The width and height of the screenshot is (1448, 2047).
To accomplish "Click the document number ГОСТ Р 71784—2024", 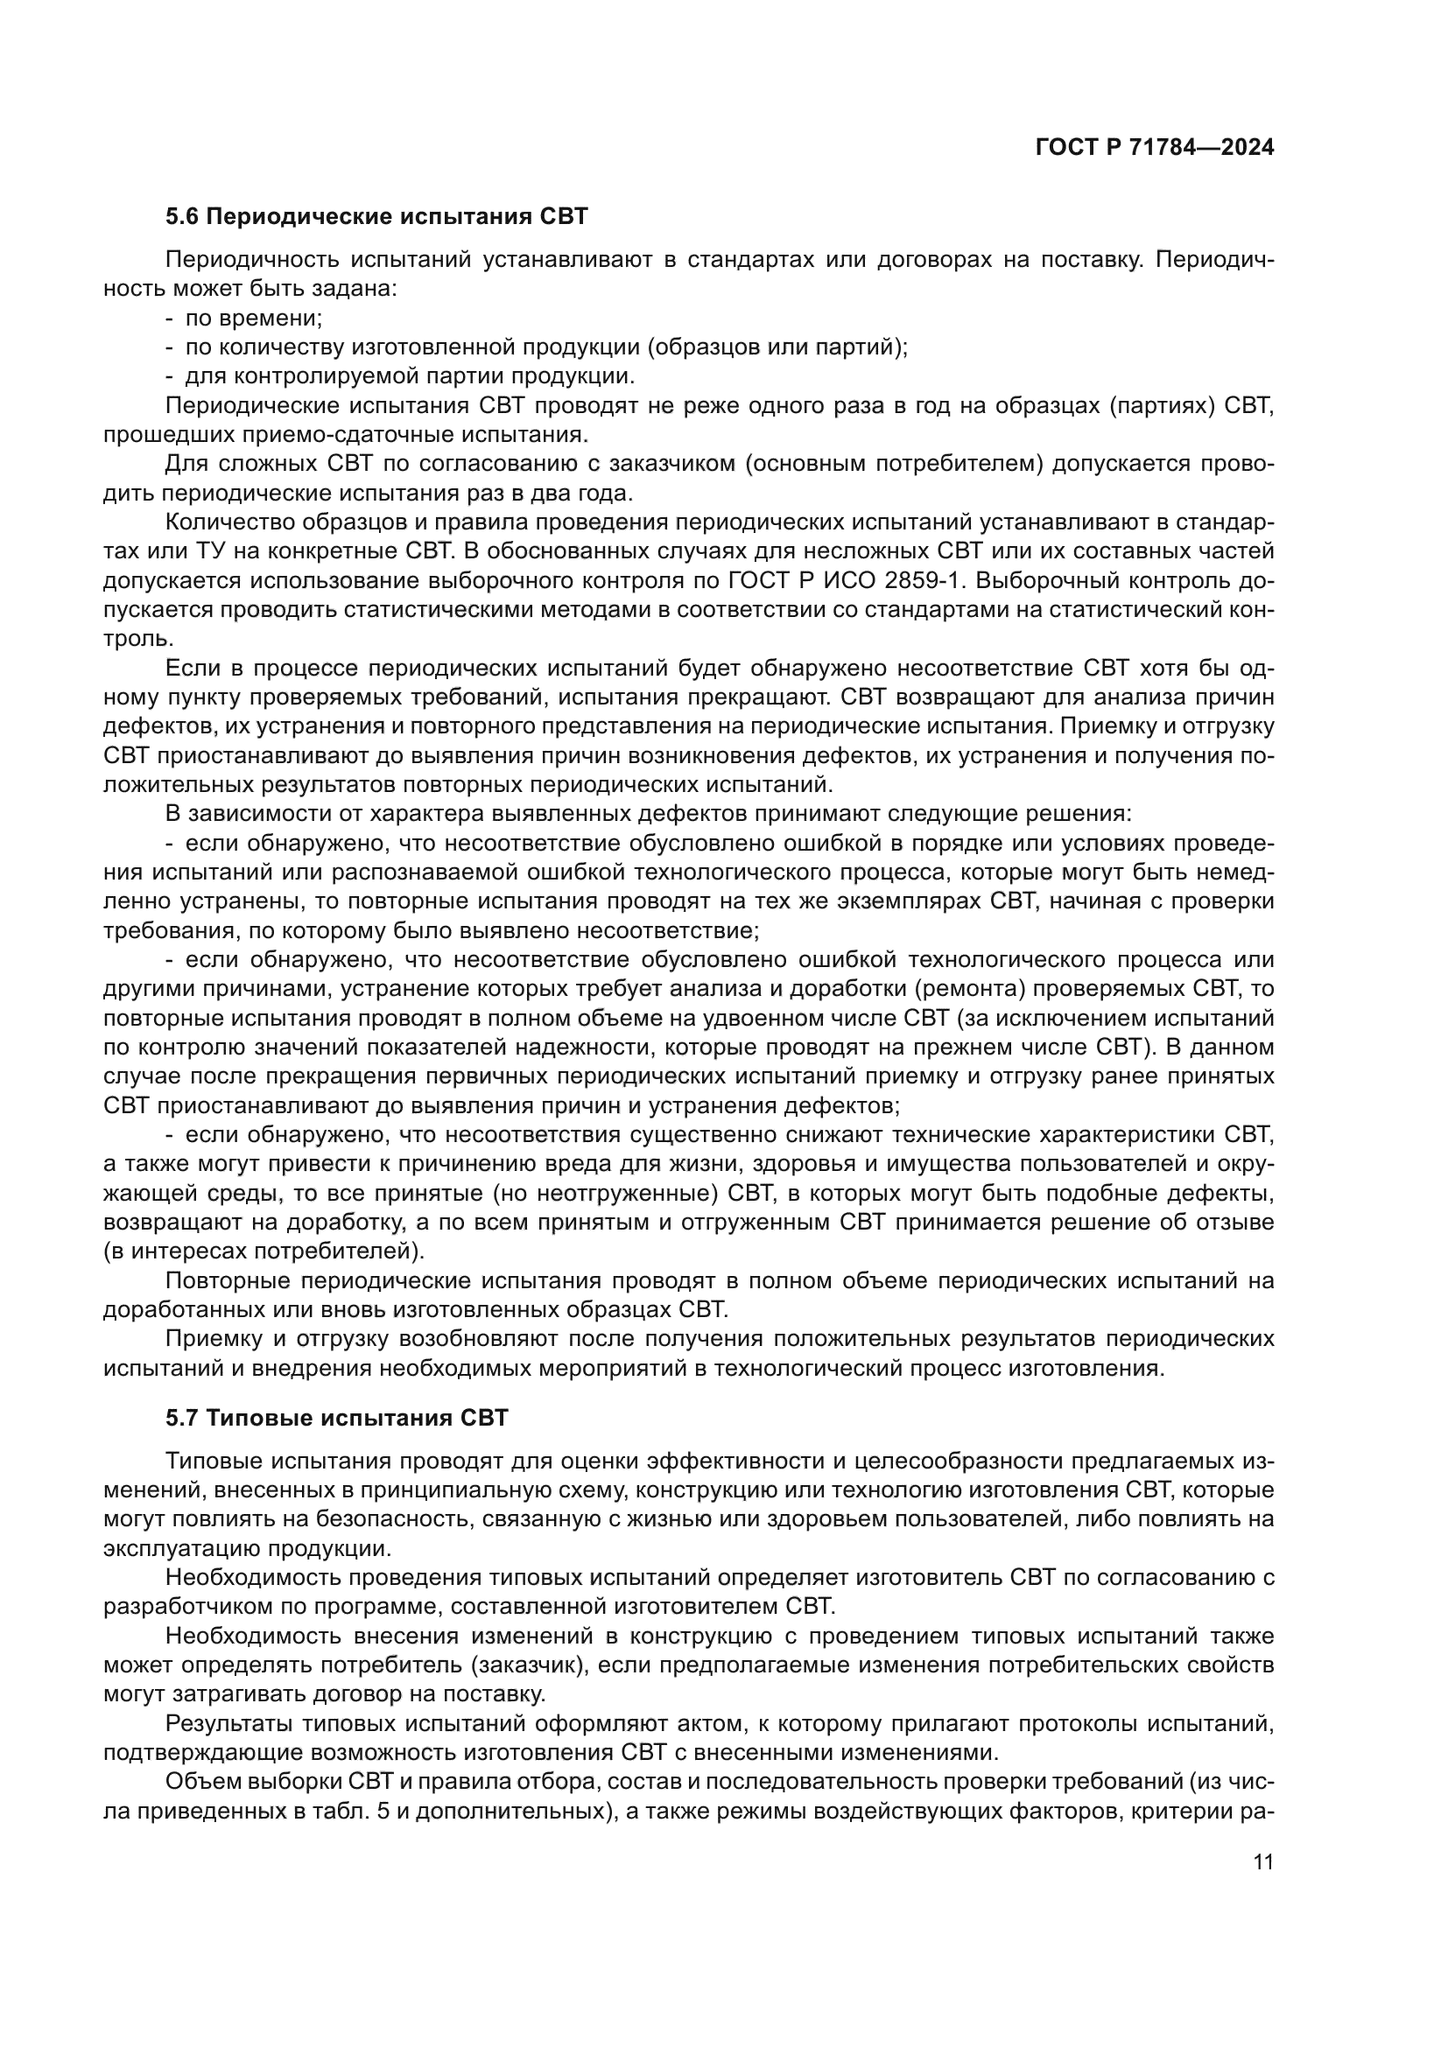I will [x=1154, y=148].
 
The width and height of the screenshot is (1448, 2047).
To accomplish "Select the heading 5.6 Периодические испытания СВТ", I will [x=376, y=217].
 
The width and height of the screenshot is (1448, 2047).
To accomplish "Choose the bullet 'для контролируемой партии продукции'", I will [x=409, y=376].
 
